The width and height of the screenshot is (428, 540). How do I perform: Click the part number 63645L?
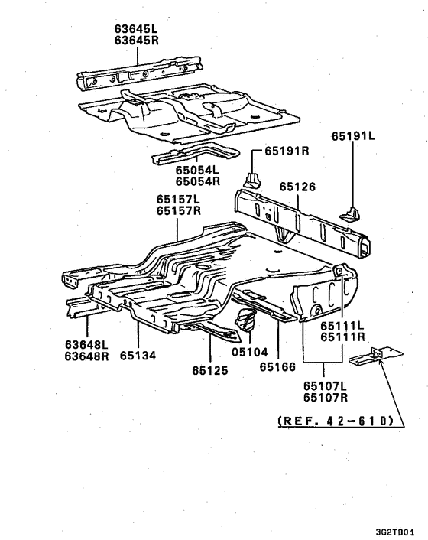pos(136,29)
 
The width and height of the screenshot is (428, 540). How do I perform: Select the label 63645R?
pos(136,41)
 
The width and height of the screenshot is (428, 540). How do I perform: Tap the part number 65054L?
pos(197,170)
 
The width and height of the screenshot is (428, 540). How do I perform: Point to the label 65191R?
pos(287,151)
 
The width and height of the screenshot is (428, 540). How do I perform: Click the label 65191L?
pos(353,136)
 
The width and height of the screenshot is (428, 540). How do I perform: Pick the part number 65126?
pos(297,187)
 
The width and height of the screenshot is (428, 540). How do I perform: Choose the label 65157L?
pos(178,199)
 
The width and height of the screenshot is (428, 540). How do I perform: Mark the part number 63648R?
pos(86,356)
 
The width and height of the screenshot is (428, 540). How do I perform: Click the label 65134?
pos(138,356)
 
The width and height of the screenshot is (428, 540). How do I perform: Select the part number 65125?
pos(210,370)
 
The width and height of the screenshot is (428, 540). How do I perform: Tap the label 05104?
pos(249,352)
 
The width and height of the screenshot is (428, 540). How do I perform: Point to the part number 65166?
pos(277,367)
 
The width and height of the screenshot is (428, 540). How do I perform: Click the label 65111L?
pos(342,325)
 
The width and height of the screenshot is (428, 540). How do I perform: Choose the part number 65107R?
pos(326,398)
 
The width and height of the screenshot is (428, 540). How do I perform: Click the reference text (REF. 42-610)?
pos(336,421)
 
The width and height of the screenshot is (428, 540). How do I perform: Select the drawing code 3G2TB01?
pos(395,532)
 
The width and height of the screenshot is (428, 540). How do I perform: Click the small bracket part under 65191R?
pos(252,181)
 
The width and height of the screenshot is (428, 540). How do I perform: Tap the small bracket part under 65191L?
pos(350,214)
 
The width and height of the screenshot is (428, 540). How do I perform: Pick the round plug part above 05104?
pos(245,319)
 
